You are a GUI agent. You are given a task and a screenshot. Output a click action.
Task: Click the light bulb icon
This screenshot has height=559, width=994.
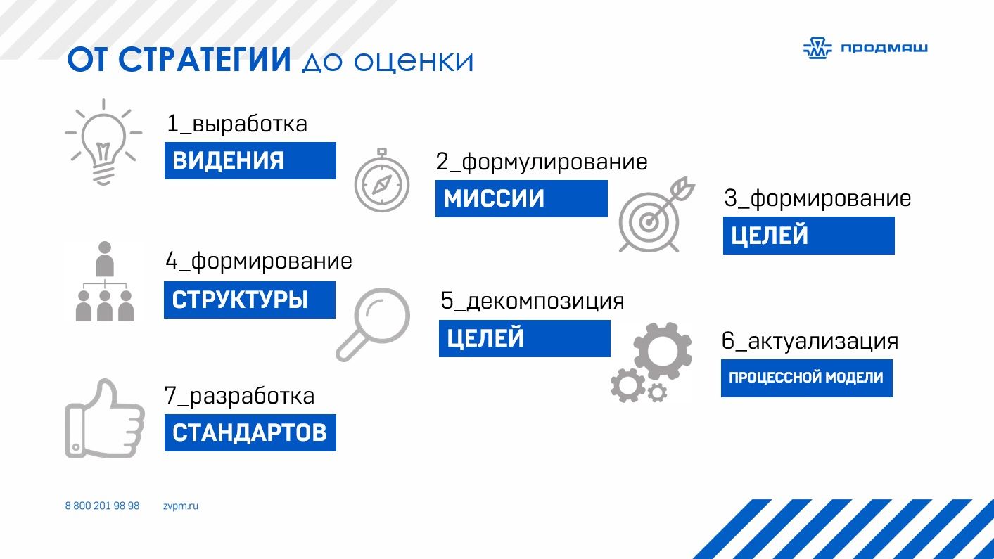click(x=103, y=146)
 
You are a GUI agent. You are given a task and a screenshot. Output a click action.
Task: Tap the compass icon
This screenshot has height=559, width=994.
click(x=381, y=180)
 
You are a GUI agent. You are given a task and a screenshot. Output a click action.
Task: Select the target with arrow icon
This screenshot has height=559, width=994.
click(x=657, y=214)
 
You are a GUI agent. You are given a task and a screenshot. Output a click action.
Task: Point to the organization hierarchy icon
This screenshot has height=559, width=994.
click(x=105, y=281)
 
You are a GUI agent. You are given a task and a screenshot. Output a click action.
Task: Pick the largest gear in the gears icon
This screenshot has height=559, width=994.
click(x=663, y=351)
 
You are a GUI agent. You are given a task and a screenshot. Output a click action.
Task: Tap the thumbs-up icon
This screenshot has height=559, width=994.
click(x=105, y=419)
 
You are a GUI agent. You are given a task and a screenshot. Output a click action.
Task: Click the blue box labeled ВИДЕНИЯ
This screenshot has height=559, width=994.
click(x=250, y=160)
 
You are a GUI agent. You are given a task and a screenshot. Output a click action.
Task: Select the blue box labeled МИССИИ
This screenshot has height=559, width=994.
click(x=521, y=198)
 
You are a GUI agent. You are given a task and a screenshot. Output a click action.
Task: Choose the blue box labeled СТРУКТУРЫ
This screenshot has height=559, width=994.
click(x=250, y=300)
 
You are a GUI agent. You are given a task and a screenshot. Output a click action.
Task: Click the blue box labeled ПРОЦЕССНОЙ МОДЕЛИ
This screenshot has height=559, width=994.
click(x=807, y=378)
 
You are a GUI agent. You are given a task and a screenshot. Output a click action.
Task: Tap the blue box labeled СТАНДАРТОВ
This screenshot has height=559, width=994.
click(x=250, y=432)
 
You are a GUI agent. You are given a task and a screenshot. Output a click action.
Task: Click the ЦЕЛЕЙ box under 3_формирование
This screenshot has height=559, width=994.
click(x=809, y=236)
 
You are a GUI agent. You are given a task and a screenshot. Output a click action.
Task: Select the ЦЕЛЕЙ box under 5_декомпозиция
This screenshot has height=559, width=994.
click(x=525, y=338)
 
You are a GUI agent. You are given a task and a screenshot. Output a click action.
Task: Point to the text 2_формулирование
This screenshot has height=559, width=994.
click(x=542, y=162)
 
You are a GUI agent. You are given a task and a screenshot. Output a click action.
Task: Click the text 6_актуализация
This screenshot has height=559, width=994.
click(x=810, y=342)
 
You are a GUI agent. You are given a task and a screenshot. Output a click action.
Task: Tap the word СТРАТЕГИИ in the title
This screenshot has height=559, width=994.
click(x=205, y=60)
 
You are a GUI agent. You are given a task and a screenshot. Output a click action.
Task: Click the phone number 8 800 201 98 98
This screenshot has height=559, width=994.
click(x=102, y=506)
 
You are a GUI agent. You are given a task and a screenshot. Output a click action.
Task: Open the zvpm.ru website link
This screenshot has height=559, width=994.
click(x=181, y=506)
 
